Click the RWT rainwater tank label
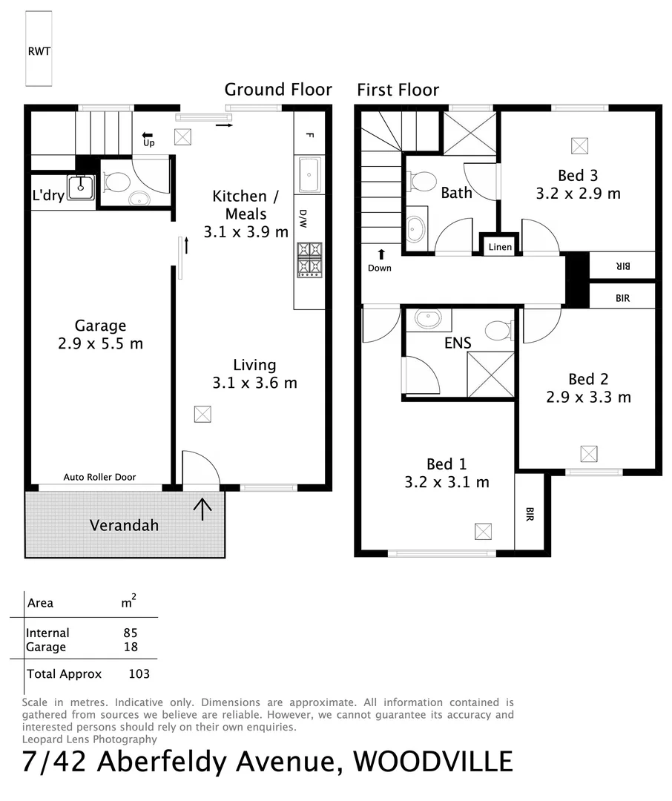(x=39, y=51)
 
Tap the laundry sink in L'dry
(x=80, y=188)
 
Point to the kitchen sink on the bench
(x=309, y=174)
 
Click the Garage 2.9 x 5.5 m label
(x=100, y=334)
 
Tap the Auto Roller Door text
(x=99, y=477)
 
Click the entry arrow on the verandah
(x=202, y=507)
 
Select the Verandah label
(x=124, y=525)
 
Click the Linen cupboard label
(x=500, y=246)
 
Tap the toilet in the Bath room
(x=423, y=180)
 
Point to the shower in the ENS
(x=490, y=375)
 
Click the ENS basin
(x=428, y=319)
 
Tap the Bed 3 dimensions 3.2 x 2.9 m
(x=578, y=194)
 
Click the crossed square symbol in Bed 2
(x=588, y=452)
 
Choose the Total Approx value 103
(x=139, y=673)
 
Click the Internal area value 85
(x=131, y=633)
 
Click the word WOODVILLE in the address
(x=432, y=761)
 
